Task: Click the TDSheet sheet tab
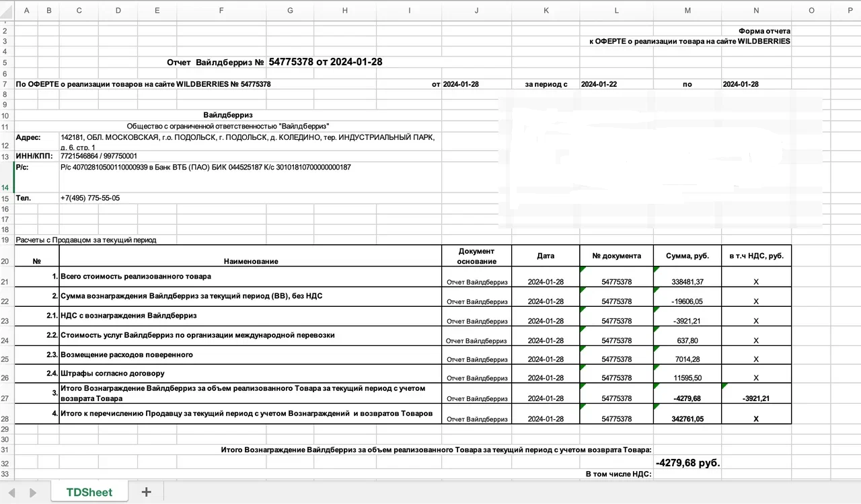tap(89, 492)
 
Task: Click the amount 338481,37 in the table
tap(687, 281)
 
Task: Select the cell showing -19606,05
tap(687, 301)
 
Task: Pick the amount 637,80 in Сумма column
tap(687, 340)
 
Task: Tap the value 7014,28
tap(687, 359)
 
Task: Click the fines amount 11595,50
tap(687, 378)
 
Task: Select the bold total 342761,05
tap(687, 419)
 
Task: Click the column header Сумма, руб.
tap(687, 256)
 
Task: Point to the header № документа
tap(616, 256)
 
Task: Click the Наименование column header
tap(250, 261)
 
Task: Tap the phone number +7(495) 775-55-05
tap(90, 199)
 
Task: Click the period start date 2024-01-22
tap(599, 84)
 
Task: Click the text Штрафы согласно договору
tap(112, 373)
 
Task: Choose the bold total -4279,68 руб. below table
tap(687, 463)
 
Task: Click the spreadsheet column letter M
tap(687, 10)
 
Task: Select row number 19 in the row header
tap(5, 240)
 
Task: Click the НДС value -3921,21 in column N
tap(756, 398)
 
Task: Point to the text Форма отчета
tap(764, 31)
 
